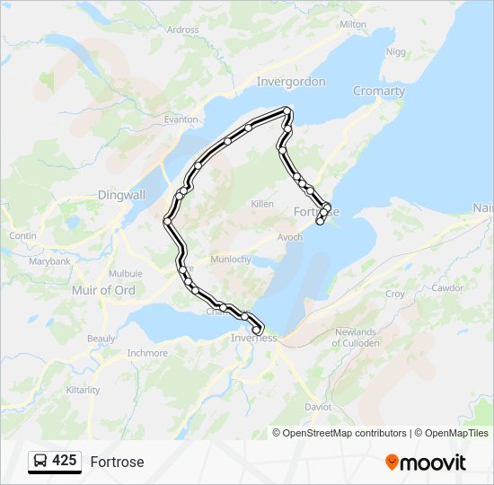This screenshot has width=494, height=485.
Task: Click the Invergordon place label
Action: coord(291,82)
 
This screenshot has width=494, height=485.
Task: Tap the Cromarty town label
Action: coord(379,91)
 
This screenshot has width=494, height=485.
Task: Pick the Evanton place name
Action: coord(181,119)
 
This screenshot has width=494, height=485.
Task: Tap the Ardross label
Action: coord(183,30)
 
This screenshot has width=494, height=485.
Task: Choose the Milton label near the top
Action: coord(353,24)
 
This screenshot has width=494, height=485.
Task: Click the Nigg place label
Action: coord(395,52)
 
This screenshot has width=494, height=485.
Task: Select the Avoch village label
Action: coord(290,237)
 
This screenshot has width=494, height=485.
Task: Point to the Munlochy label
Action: coord(228,259)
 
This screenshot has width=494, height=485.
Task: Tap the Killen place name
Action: coord(262,204)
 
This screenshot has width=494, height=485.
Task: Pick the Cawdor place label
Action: coord(447,288)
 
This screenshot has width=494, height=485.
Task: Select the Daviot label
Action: coord(318,407)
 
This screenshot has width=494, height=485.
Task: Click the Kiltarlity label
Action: coord(84,390)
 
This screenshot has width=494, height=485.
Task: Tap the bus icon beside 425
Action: coord(40,462)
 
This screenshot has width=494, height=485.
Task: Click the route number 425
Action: coord(64,461)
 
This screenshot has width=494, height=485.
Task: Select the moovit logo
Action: coord(426,462)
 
